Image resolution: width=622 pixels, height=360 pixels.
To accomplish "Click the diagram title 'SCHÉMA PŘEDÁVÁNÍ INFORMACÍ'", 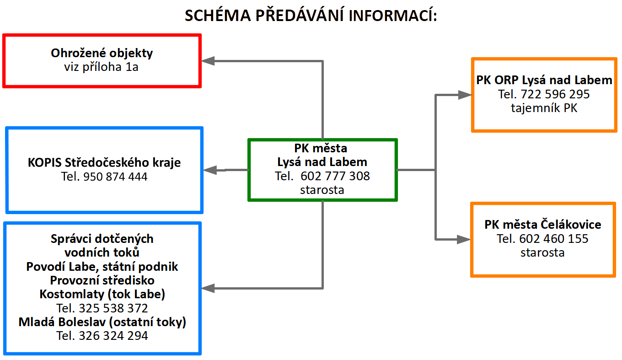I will (x=311, y=16).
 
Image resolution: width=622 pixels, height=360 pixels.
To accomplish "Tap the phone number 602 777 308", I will (x=335, y=176).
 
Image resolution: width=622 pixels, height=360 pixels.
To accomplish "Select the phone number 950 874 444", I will (x=115, y=176).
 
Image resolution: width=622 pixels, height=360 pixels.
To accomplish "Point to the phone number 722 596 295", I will (x=555, y=94).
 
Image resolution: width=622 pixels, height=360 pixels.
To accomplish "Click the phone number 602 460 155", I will (x=554, y=238).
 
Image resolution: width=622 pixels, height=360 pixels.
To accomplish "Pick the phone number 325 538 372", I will (x=113, y=308).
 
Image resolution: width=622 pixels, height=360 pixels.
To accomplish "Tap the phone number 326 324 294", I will (x=113, y=336).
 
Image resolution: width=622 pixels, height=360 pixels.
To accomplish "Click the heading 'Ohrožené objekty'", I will (x=102, y=53).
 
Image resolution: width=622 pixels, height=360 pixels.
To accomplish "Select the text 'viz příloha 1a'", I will (x=102, y=67).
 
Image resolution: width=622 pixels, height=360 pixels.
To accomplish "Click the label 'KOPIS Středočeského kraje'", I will (x=104, y=162).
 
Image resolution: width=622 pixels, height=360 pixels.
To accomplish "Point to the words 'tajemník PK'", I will (x=543, y=108).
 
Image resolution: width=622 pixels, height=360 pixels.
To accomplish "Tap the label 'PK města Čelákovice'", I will (x=543, y=225).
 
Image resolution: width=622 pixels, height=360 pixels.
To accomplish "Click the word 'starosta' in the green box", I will (x=322, y=189).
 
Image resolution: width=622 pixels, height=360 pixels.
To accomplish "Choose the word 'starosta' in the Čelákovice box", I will (x=542, y=252).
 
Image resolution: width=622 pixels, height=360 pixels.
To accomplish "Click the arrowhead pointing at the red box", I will (x=208, y=61).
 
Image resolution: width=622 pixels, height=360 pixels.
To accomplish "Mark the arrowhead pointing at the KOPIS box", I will (x=209, y=170).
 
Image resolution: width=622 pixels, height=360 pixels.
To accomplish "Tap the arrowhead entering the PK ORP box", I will (x=465, y=95).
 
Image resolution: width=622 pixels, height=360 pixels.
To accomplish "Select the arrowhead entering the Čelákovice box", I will (x=464, y=239).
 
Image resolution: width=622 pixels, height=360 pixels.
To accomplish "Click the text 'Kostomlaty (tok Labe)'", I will (x=102, y=294).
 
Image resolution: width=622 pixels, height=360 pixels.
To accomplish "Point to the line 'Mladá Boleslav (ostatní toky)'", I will (x=102, y=322).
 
